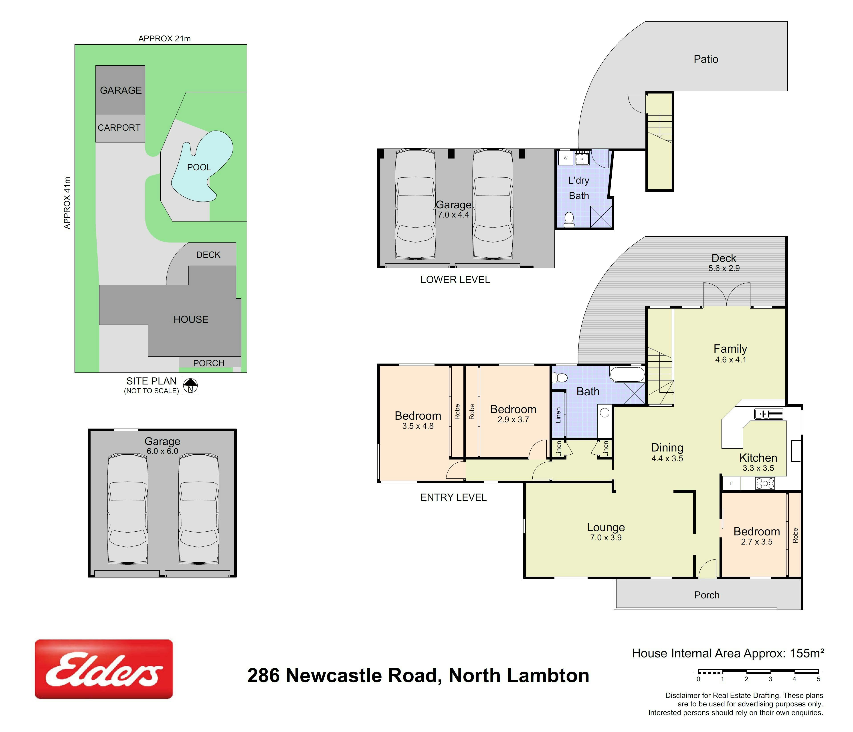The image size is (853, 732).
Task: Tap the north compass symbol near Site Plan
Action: pyautogui.click(x=191, y=386)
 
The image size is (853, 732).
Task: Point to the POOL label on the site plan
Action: pyautogui.click(x=199, y=167)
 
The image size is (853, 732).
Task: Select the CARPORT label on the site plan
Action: pyautogui.click(x=119, y=128)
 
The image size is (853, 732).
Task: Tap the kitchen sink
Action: pyautogui.click(x=769, y=414)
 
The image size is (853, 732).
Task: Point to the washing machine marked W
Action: pyautogui.click(x=566, y=158)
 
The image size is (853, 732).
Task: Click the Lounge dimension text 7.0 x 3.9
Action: pyautogui.click(x=606, y=538)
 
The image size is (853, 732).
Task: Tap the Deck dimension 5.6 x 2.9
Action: pyautogui.click(x=724, y=268)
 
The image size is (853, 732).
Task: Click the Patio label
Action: pyautogui.click(x=706, y=59)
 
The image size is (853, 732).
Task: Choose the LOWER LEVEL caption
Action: pyautogui.click(x=455, y=280)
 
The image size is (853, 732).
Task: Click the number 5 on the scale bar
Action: pyautogui.click(x=819, y=679)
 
